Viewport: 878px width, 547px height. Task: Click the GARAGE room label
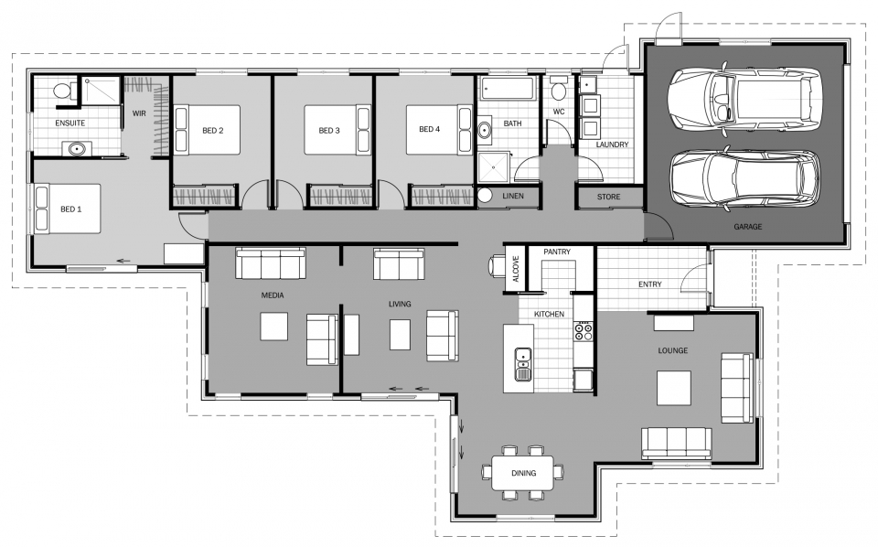pyautogui.click(x=747, y=227)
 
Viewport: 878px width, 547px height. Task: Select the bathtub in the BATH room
pyautogui.click(x=508, y=90)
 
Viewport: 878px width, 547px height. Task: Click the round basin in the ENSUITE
pyautogui.click(x=77, y=149)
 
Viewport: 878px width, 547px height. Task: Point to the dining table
pyautogui.click(x=523, y=473)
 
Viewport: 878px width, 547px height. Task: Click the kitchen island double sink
pyautogui.click(x=523, y=364)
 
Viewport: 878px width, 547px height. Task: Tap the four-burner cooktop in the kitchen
pyautogui.click(x=583, y=330)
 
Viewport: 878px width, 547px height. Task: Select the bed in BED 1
pyautogui.click(x=68, y=209)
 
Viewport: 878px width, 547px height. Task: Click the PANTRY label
pyautogui.click(x=557, y=252)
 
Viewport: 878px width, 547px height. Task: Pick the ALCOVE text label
pyautogui.click(x=516, y=269)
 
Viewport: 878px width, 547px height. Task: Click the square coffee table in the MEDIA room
pyautogui.click(x=273, y=327)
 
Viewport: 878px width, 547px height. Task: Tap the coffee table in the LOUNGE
pyautogui.click(x=674, y=388)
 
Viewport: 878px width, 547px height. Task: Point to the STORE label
pyautogui.click(x=609, y=197)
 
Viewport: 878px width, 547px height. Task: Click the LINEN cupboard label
pyautogui.click(x=513, y=196)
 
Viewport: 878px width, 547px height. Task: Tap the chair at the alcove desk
pyautogui.click(x=497, y=265)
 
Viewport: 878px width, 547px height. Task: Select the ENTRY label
pyautogui.click(x=650, y=284)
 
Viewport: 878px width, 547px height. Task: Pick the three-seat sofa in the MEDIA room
pyautogui.click(x=271, y=263)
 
